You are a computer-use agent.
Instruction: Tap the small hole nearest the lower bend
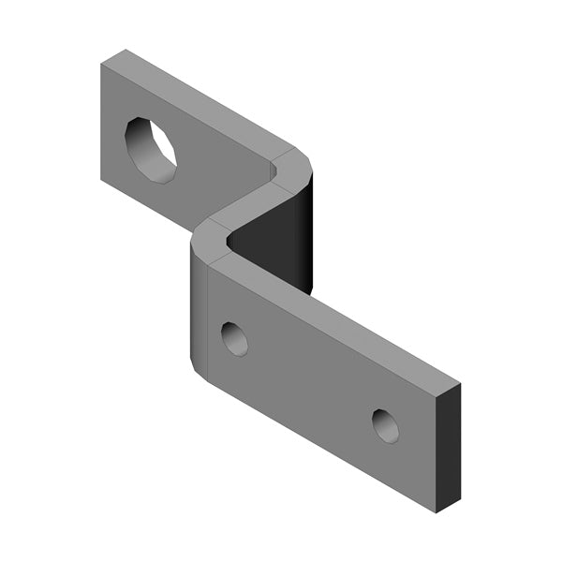coord(234,338)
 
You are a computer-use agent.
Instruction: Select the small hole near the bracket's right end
coord(385,426)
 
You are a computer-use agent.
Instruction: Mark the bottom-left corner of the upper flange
coord(100,184)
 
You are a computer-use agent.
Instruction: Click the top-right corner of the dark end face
coord(460,384)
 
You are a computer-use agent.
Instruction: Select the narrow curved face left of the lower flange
coord(199,309)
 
